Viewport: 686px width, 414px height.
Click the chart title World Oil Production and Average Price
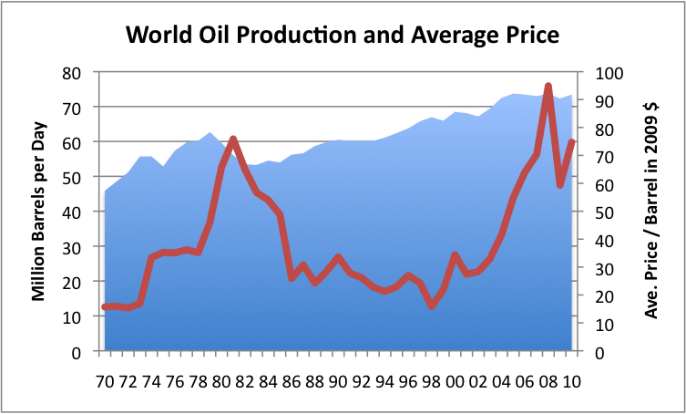[342, 36]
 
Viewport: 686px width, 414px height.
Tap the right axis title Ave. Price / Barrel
[652, 212]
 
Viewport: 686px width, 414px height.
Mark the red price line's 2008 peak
[548, 87]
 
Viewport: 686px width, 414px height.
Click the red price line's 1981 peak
[233, 139]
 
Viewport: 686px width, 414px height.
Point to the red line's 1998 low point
[432, 306]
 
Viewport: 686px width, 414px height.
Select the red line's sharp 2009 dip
[560, 185]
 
